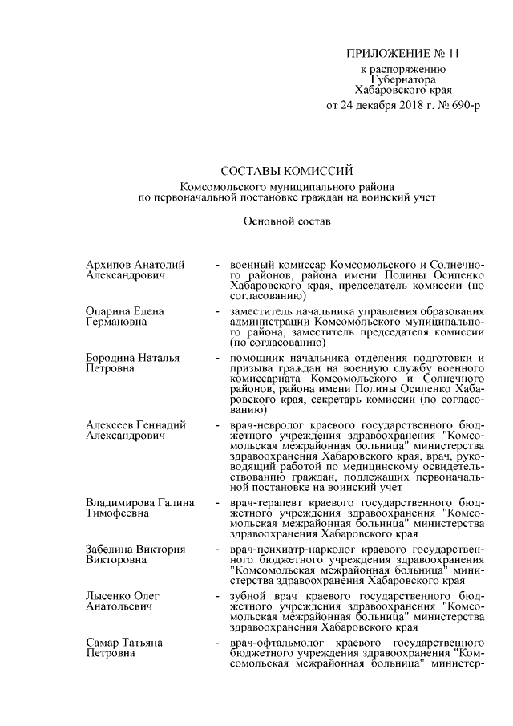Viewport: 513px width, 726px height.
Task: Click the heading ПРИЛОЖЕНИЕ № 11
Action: pos(404,55)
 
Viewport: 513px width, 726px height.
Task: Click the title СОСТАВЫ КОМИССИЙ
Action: pos(286,170)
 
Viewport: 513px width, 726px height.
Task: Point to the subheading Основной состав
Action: pos(286,219)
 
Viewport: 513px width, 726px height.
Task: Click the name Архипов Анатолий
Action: pos(135,264)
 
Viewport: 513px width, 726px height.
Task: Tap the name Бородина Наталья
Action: pos(131,357)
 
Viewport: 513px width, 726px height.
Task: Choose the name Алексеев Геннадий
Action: pos(135,425)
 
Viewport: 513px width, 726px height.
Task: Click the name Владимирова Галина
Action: pos(140,503)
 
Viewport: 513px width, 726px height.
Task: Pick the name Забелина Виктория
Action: pos(135,550)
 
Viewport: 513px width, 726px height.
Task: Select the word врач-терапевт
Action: pos(263,503)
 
